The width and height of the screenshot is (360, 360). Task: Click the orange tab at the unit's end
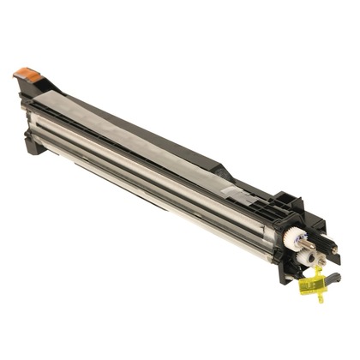[28, 75]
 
